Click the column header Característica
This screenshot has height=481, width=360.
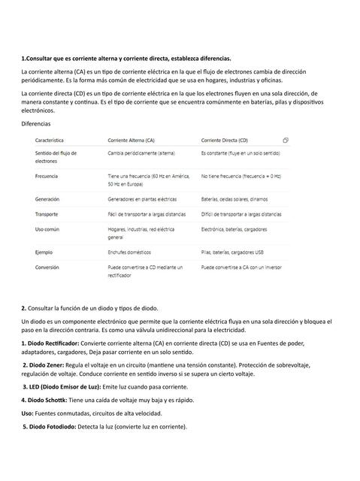[49, 141]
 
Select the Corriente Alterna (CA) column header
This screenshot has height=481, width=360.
[132, 141]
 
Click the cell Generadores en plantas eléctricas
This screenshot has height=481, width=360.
[143, 200]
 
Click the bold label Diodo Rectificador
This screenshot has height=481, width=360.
[56, 343]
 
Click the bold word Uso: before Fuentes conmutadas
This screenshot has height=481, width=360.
[27, 413]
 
